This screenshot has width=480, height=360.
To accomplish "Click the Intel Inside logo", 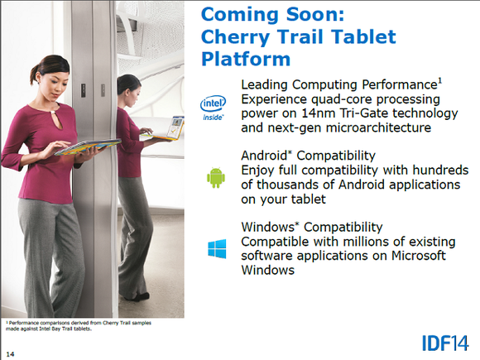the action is pos(213,108).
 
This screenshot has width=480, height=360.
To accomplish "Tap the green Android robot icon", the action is pos(216,178).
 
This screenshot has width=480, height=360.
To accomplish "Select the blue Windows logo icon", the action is pos(217,249).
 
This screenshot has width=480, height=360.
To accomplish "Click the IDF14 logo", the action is pos(445,343).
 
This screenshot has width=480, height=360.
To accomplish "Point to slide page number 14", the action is pos(10,354).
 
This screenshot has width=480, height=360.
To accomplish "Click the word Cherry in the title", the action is pos(235,37).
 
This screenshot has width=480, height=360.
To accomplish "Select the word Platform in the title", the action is pos(246,59).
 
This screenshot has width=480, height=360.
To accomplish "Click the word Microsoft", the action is pos(419,255).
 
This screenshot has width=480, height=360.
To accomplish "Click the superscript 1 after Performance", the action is pos(440,81).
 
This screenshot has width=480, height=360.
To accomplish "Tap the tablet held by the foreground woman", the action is pos(88,147).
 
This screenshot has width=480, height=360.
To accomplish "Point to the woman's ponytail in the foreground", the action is pos(34,74).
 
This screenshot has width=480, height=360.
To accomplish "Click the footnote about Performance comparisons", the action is pos(79,326).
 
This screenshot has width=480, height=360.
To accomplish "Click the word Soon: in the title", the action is pos(315,14).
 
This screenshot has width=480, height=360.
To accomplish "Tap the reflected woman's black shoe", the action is pos(139,296).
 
